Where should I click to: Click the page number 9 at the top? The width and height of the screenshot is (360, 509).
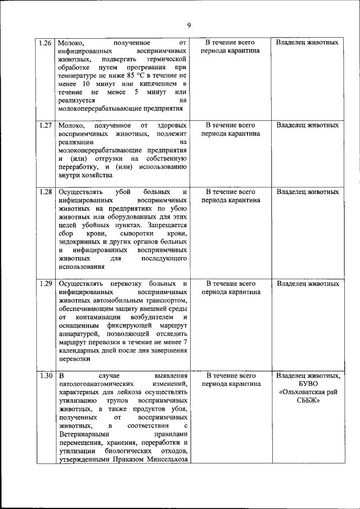tap(189, 25)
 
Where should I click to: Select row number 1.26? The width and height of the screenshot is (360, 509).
tap(46, 42)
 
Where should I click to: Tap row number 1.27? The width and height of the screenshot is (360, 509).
tap(46, 125)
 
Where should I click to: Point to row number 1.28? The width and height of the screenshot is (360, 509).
tap(46, 192)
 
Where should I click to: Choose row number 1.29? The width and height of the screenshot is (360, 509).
tap(46, 283)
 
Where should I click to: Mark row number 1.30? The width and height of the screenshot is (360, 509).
tap(46, 375)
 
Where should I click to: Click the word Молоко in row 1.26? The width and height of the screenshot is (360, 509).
tap(71, 42)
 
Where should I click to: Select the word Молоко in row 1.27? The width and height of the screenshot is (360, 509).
tap(71, 125)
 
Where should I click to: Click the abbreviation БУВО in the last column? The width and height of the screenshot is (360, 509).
tap(308, 384)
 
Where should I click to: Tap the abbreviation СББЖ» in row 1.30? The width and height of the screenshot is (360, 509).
tap(308, 400)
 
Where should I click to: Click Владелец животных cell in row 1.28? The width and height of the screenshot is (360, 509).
tap(308, 192)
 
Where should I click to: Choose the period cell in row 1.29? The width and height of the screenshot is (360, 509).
tap(231, 288)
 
